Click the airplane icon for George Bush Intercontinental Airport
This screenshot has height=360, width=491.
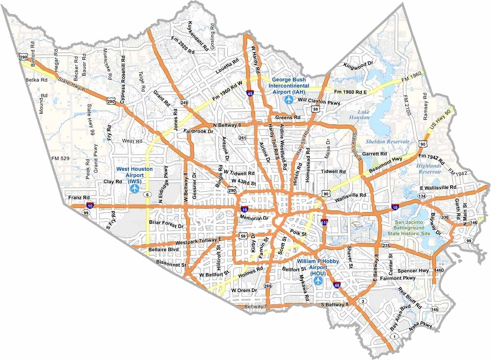click(x=288, y=99)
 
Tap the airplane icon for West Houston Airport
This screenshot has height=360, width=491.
click(x=135, y=188)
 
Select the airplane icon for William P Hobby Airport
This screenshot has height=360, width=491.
click(x=319, y=280)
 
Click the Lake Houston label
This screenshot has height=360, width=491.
click(x=358, y=115)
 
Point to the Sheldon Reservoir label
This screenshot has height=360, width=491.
click(x=387, y=141)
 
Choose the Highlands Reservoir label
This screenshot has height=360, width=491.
click(x=429, y=168)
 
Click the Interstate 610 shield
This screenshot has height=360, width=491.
click(x=325, y=222)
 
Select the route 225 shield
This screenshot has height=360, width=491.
click(x=386, y=246)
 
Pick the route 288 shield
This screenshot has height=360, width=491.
click(x=268, y=286)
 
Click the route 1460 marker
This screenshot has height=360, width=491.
click(x=439, y=270)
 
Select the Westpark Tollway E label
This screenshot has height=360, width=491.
click(x=198, y=240)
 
